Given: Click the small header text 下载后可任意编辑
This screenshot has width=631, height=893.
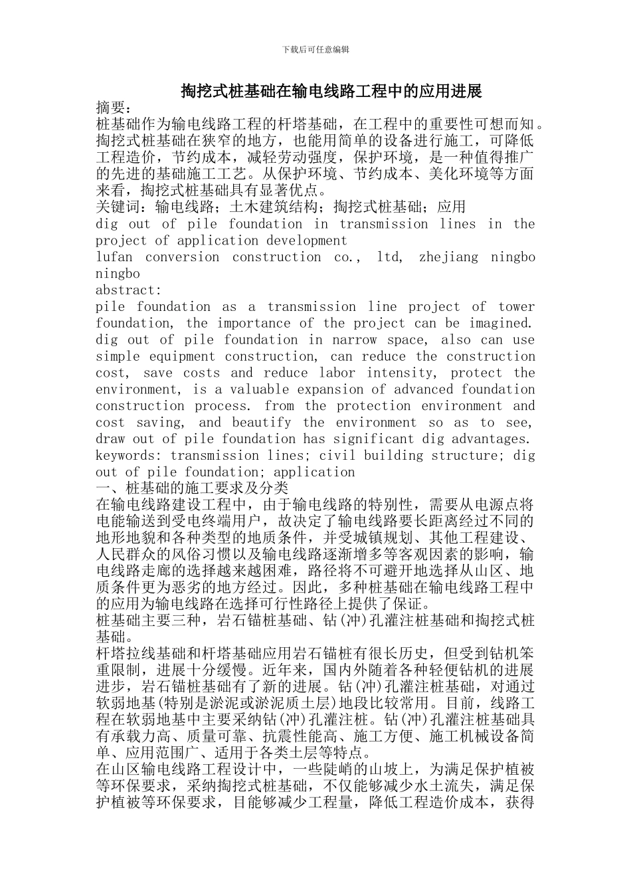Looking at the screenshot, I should pyautogui.click(x=315, y=49).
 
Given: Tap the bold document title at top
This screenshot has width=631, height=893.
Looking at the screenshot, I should pyautogui.click(x=331, y=91).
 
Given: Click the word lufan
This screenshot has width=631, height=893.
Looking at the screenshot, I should pyautogui.click(x=114, y=257).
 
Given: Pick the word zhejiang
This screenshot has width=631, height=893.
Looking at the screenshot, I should pyautogui.click(x=448, y=257).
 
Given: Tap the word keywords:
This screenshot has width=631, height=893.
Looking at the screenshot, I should pyautogui.click(x=128, y=456).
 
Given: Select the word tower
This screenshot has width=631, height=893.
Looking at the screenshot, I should pyautogui.click(x=516, y=307).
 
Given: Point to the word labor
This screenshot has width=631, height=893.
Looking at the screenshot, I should pyautogui.click(x=337, y=373).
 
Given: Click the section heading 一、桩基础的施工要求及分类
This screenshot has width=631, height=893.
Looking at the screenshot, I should pyautogui.click(x=192, y=488).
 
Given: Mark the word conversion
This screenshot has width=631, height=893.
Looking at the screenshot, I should pyautogui.click(x=182, y=257).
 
